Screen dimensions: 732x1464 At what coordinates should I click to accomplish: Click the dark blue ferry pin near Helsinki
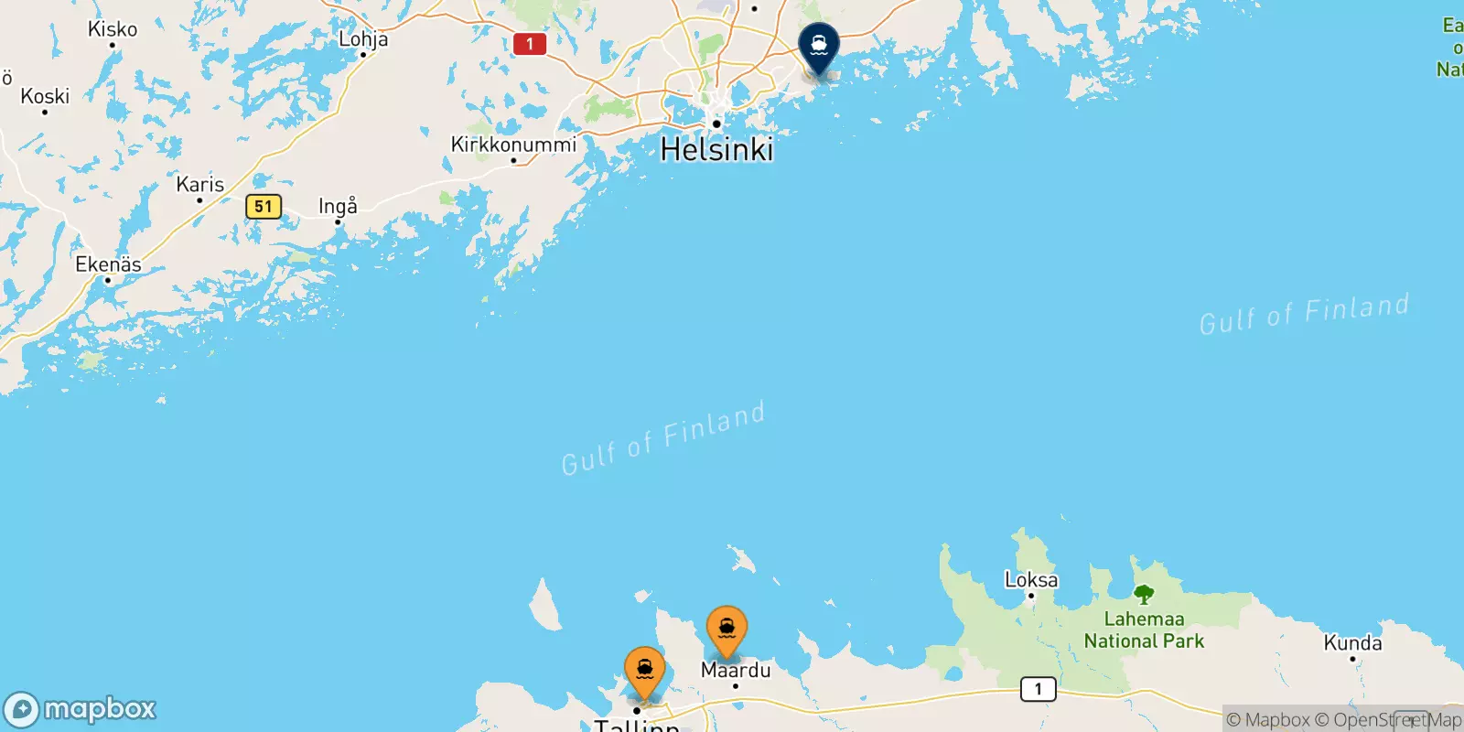(x=819, y=47)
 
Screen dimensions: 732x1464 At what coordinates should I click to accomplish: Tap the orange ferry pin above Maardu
(x=727, y=630)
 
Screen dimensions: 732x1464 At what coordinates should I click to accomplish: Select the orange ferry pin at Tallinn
(x=645, y=672)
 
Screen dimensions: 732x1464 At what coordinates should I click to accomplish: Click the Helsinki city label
(x=716, y=149)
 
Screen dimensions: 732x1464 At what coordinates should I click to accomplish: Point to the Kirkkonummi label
(x=513, y=145)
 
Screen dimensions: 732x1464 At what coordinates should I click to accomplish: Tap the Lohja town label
(x=363, y=39)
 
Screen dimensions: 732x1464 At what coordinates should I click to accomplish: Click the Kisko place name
(x=113, y=29)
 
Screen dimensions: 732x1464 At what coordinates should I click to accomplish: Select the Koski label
(x=45, y=96)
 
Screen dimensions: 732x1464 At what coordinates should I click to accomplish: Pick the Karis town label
(x=200, y=185)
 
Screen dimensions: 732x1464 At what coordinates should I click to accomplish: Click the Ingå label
(x=338, y=206)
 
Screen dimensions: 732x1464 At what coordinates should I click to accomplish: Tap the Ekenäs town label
(x=108, y=264)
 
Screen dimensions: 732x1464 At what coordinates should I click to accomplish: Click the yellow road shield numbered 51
(x=264, y=206)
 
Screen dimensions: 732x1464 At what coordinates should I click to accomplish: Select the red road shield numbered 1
(x=530, y=43)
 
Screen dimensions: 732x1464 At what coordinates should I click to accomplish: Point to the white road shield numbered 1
(x=1038, y=689)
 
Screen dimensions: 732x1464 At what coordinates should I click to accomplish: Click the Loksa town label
(x=1031, y=580)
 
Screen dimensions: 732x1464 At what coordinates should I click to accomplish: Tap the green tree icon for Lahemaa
(x=1144, y=595)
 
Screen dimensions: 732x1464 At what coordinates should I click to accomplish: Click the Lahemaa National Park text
(x=1144, y=630)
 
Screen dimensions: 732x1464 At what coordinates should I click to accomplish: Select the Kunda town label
(x=1352, y=643)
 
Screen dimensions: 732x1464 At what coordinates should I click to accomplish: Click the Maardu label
(x=736, y=670)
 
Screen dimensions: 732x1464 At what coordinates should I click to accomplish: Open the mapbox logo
(x=81, y=709)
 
